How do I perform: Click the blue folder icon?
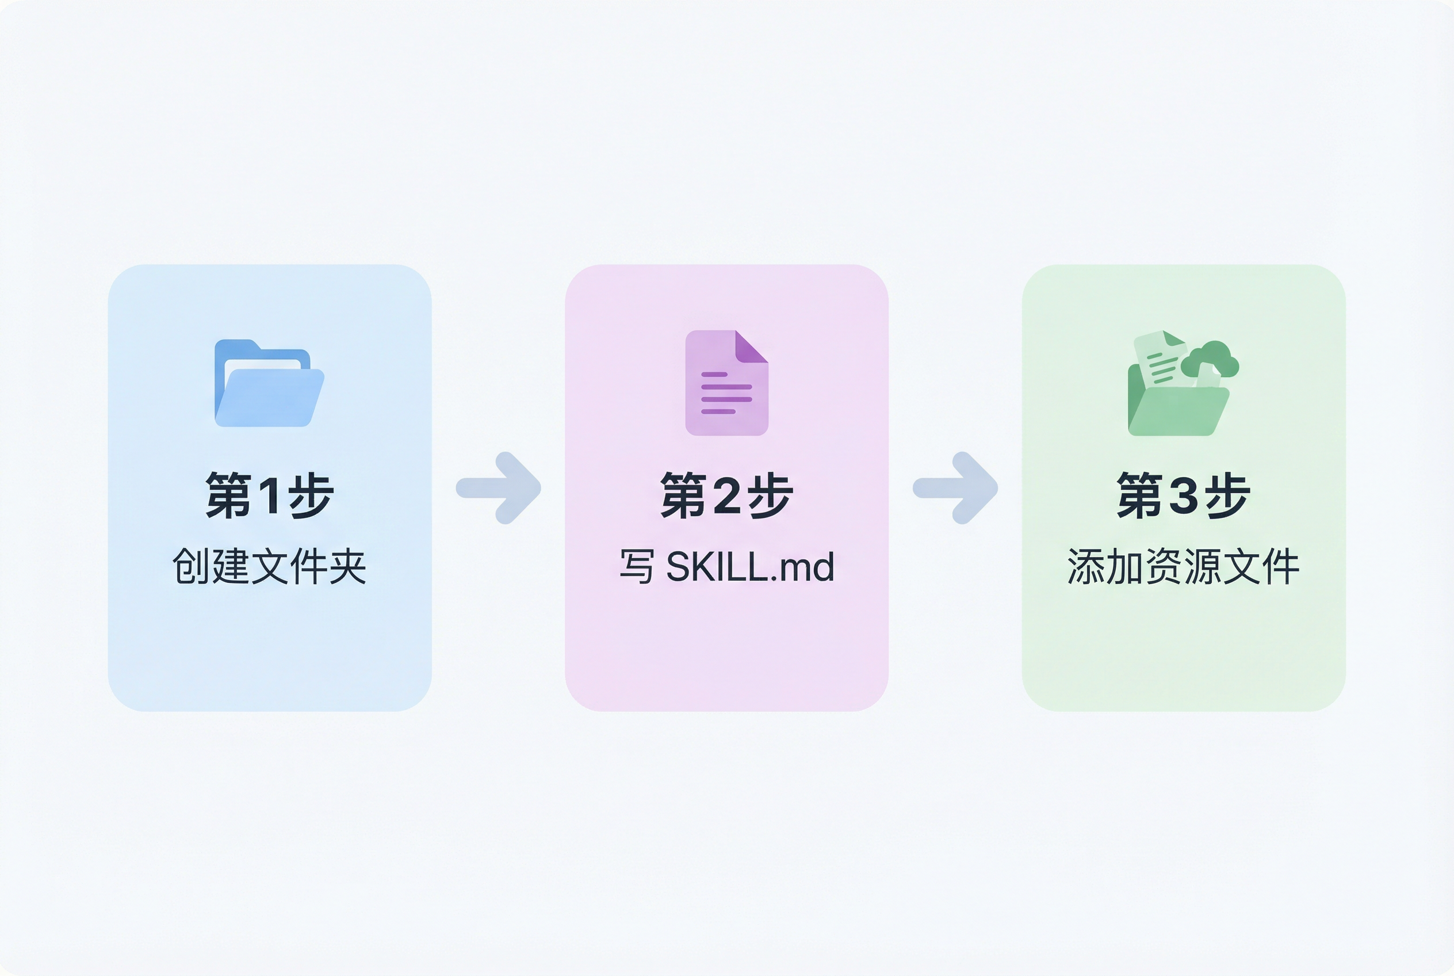pyautogui.click(x=269, y=383)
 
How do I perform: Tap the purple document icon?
pyautogui.click(x=726, y=383)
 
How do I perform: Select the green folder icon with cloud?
pyautogui.click(x=1181, y=383)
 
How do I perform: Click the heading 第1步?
pyautogui.click(x=269, y=495)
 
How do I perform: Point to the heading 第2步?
pyautogui.click(x=726, y=495)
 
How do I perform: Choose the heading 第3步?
pyautogui.click(x=1183, y=495)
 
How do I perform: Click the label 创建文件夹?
pyautogui.click(x=269, y=566)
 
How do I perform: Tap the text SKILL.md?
pyautogui.click(x=749, y=567)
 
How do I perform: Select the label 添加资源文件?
pyautogui.click(x=1183, y=566)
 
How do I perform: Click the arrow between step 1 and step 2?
pyautogui.click(x=499, y=488)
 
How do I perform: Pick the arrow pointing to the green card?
pyautogui.click(x=956, y=488)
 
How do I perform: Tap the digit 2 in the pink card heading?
pyautogui.click(x=726, y=496)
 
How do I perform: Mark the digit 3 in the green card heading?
pyautogui.click(x=1183, y=496)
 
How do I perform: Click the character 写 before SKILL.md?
pyautogui.click(x=637, y=567)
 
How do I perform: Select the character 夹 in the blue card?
pyautogui.click(x=348, y=566)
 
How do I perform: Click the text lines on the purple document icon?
pyautogui.click(x=725, y=394)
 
